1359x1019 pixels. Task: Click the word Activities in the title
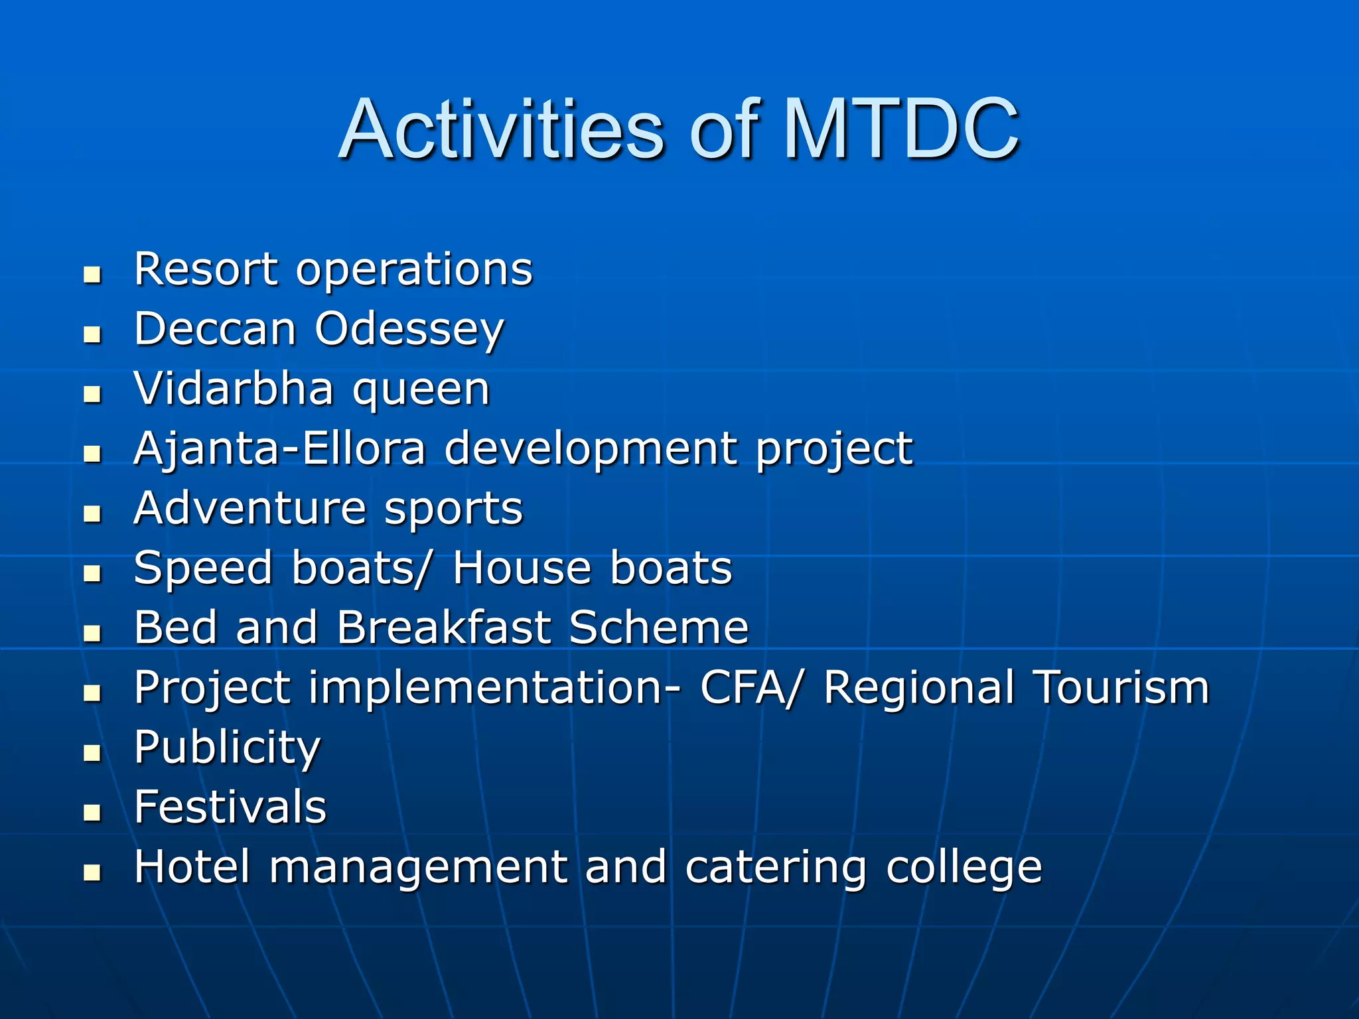pyautogui.click(x=501, y=129)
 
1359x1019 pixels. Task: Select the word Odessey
pyautogui.click(x=409, y=330)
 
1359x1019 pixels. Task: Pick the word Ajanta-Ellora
pyautogui.click(x=279, y=448)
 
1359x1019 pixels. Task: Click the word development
pyautogui.click(x=591, y=450)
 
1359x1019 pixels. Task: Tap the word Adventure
pyautogui.click(x=250, y=508)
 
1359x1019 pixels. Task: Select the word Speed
pyautogui.click(x=203, y=569)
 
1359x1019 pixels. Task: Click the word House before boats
pyautogui.click(x=522, y=568)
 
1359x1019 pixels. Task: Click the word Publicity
pyautogui.click(x=227, y=748)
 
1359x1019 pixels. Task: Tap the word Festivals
pyautogui.click(x=230, y=807)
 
